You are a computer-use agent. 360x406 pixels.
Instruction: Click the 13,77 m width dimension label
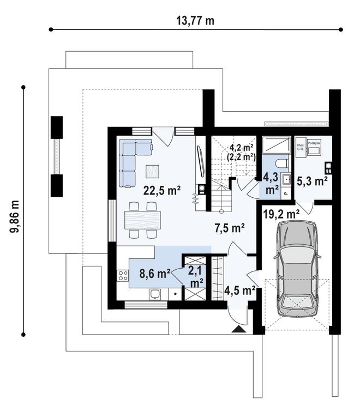[x=195, y=21]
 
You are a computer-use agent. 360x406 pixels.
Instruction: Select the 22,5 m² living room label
[x=161, y=190]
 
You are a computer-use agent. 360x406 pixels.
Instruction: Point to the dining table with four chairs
[x=143, y=220]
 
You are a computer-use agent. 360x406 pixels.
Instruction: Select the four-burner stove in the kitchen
[x=123, y=275]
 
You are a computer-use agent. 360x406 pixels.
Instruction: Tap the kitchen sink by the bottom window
[x=156, y=294]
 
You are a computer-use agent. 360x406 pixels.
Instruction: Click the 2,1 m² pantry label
[x=195, y=276]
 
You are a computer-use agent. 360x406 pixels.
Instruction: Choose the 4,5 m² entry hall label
[x=240, y=290]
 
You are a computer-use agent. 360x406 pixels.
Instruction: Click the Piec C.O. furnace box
[x=301, y=148]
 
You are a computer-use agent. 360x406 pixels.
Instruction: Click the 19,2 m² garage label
[x=281, y=214]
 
